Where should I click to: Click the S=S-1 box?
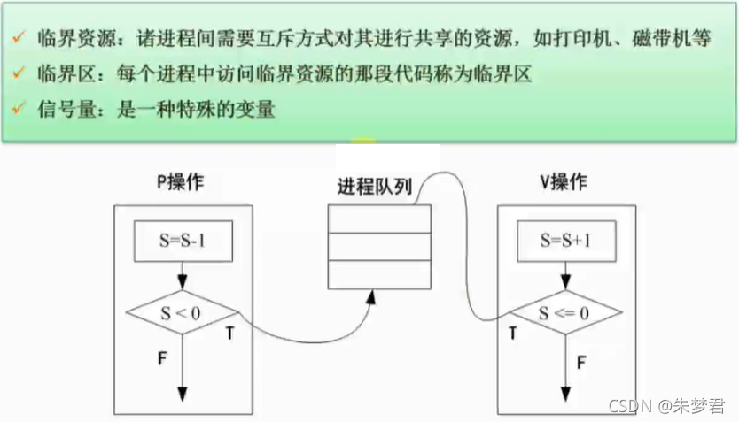(x=182, y=241)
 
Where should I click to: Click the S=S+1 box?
(x=564, y=241)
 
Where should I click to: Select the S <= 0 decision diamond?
(x=564, y=311)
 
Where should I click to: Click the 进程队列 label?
(x=377, y=188)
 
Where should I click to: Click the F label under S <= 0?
(x=581, y=361)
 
